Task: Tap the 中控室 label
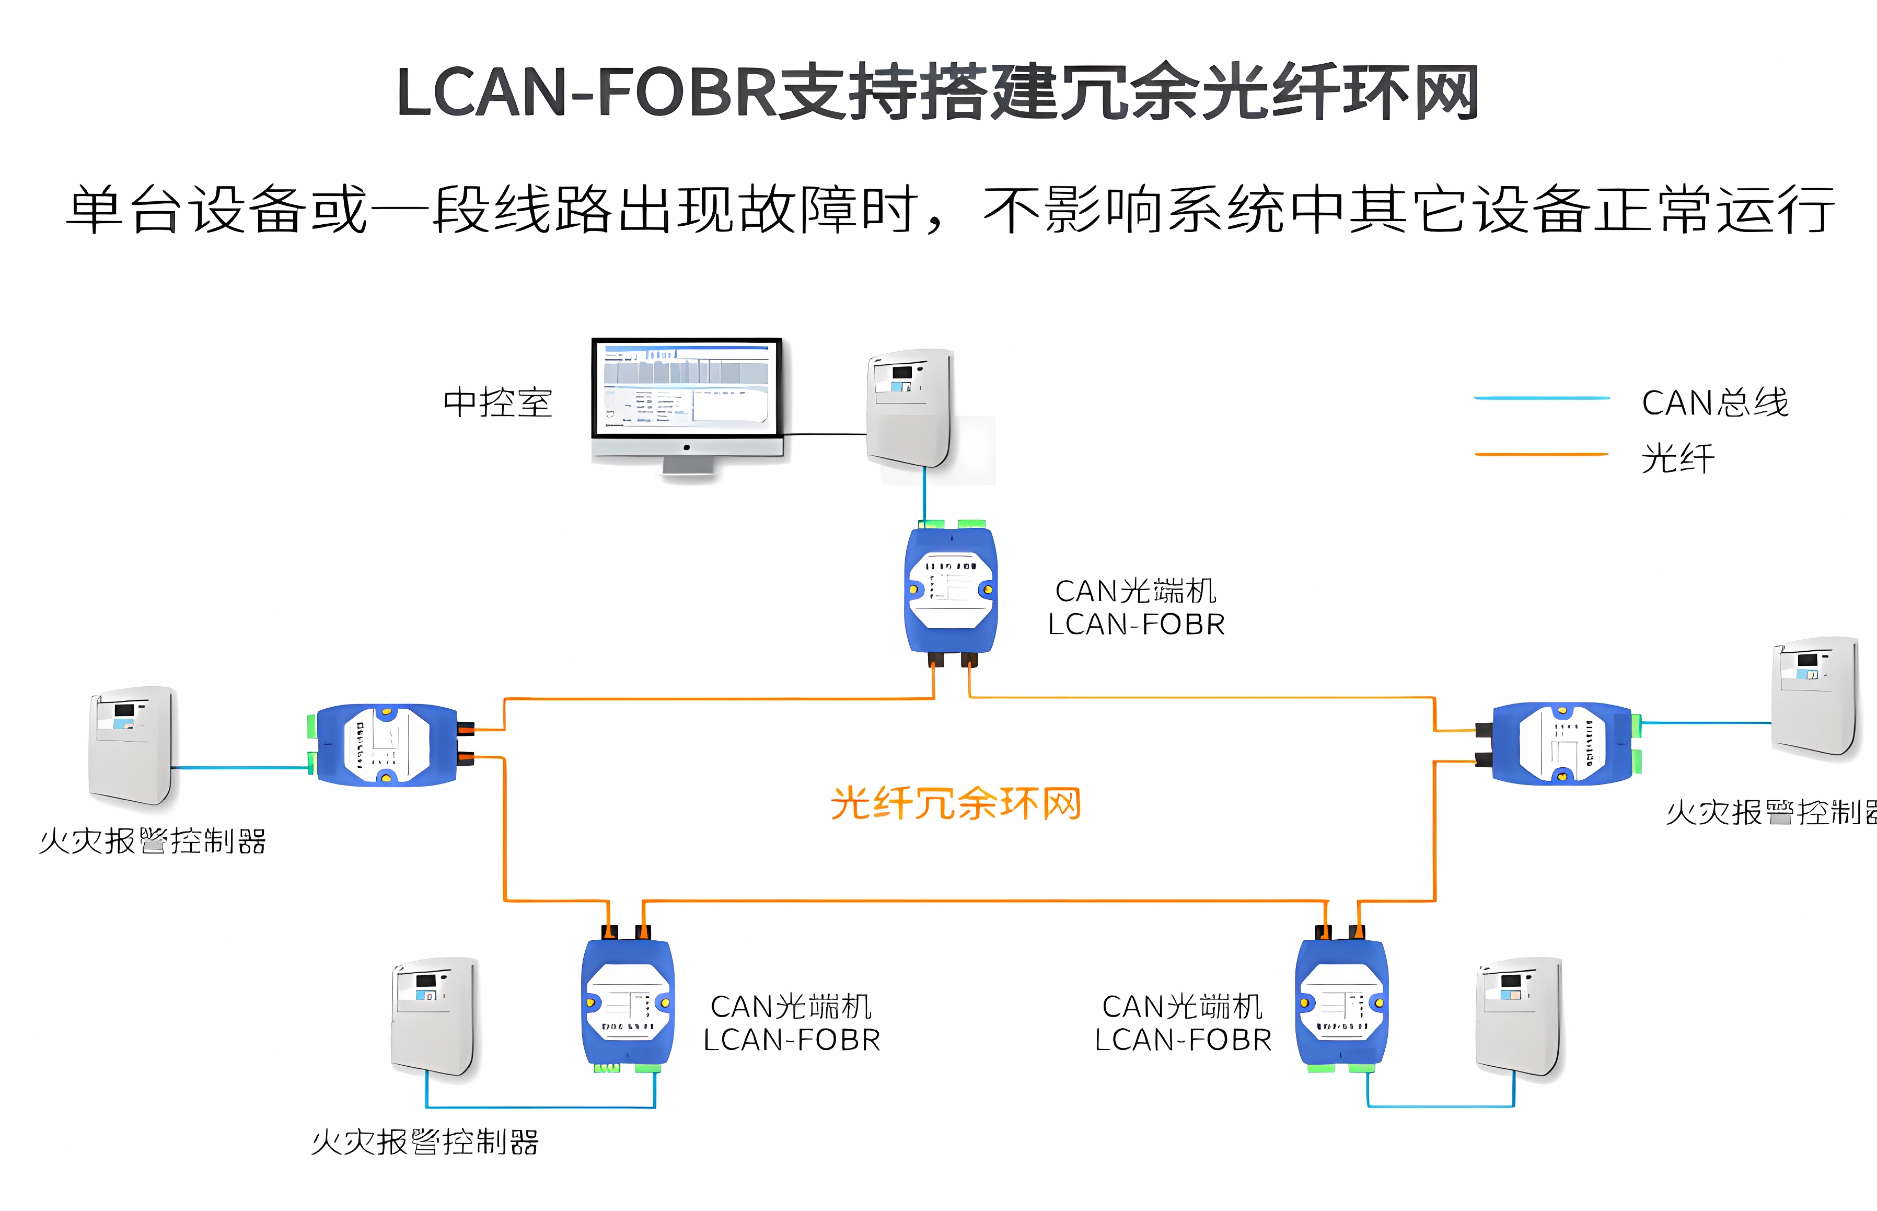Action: [497, 402]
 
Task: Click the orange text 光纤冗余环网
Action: [956, 804]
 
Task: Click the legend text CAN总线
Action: [1714, 402]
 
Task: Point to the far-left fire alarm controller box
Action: [131, 745]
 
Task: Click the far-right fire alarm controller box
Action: [1814, 698]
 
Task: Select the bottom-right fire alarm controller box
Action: [1519, 1016]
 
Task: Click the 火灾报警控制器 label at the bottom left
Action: [424, 1142]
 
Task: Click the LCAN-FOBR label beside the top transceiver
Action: [1136, 625]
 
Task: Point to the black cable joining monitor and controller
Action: [825, 433]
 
